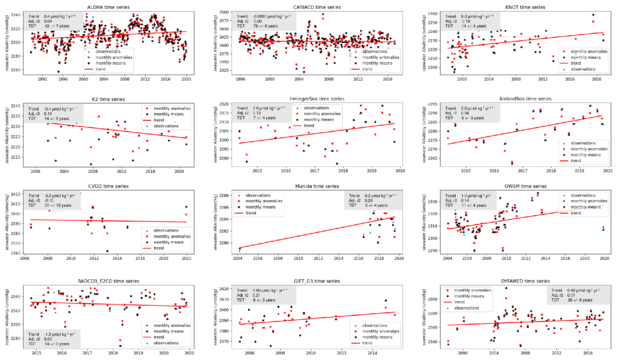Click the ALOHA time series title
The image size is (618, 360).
point(108,7)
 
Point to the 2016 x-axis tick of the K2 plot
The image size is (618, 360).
point(150,171)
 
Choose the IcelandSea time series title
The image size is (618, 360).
point(525,99)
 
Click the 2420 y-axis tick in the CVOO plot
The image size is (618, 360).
point(16,194)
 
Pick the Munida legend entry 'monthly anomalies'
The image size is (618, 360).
point(264,201)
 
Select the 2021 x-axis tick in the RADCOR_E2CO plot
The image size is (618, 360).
point(189,353)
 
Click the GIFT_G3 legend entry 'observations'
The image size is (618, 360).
point(374,325)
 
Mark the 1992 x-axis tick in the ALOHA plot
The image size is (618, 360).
point(42,79)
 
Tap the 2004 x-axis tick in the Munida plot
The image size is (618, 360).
point(237,258)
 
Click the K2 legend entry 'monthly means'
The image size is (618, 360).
point(168,114)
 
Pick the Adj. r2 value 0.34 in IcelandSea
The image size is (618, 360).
point(465,113)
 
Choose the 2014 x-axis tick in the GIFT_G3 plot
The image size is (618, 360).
point(372,353)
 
